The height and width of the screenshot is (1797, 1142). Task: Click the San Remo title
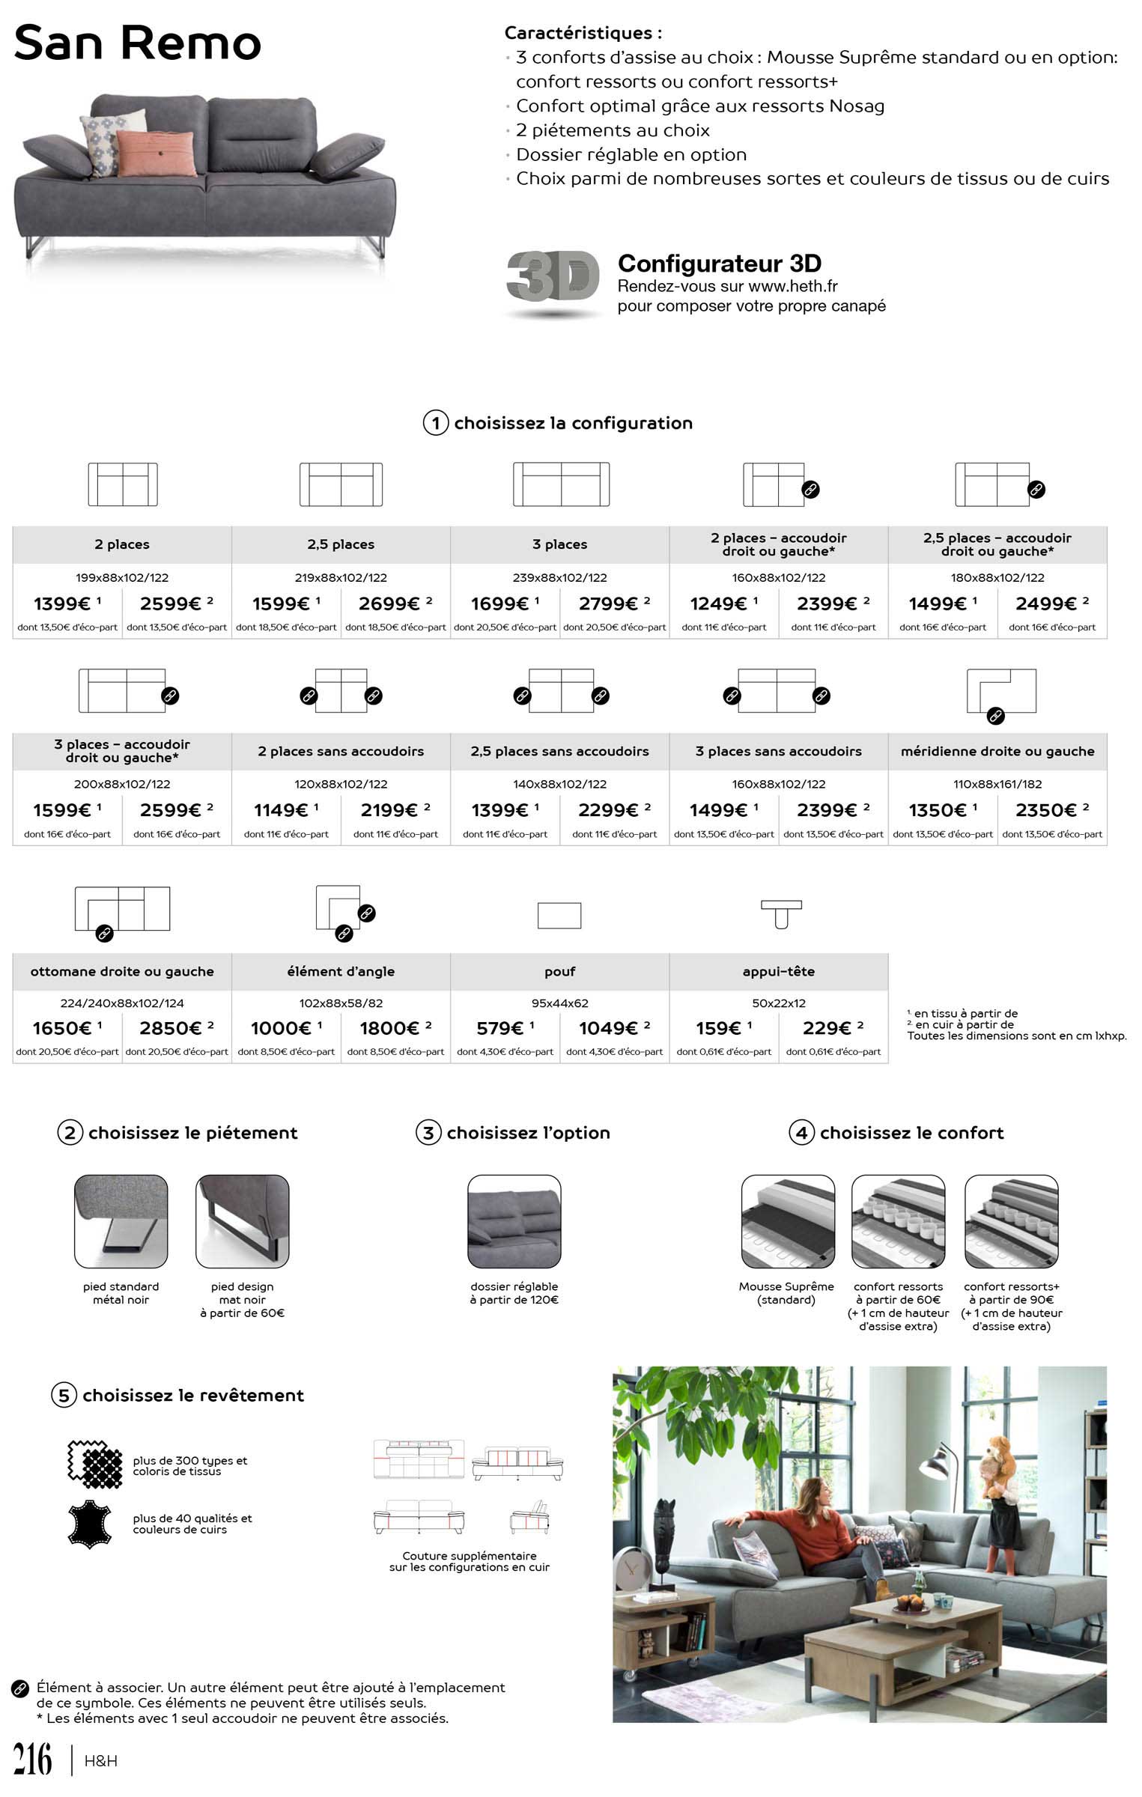pos(138,43)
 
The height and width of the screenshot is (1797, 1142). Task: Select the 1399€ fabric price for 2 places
pos(67,603)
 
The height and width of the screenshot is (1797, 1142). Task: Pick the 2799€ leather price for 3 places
pos(614,603)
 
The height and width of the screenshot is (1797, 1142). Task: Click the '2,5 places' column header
pos(341,544)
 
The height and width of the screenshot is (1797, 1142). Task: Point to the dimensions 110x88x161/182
pos(997,784)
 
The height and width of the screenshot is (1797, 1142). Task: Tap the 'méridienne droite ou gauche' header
pos(997,751)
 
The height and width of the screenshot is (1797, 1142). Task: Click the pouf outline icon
pos(559,915)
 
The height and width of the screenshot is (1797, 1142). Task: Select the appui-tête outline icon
pos(781,913)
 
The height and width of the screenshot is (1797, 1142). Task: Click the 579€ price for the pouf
pos(505,1028)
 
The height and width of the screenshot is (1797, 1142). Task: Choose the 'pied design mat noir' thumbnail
pos(242,1221)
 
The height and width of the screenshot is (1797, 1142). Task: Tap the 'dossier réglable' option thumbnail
pos(514,1221)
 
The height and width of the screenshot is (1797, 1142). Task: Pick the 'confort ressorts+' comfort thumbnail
pos(1011,1221)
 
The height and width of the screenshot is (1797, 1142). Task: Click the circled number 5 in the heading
pos(64,1395)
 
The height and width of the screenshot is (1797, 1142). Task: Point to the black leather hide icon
pos(90,1524)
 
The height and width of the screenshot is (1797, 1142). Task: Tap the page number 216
pos(33,1760)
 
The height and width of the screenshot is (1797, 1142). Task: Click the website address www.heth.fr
pos(793,286)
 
